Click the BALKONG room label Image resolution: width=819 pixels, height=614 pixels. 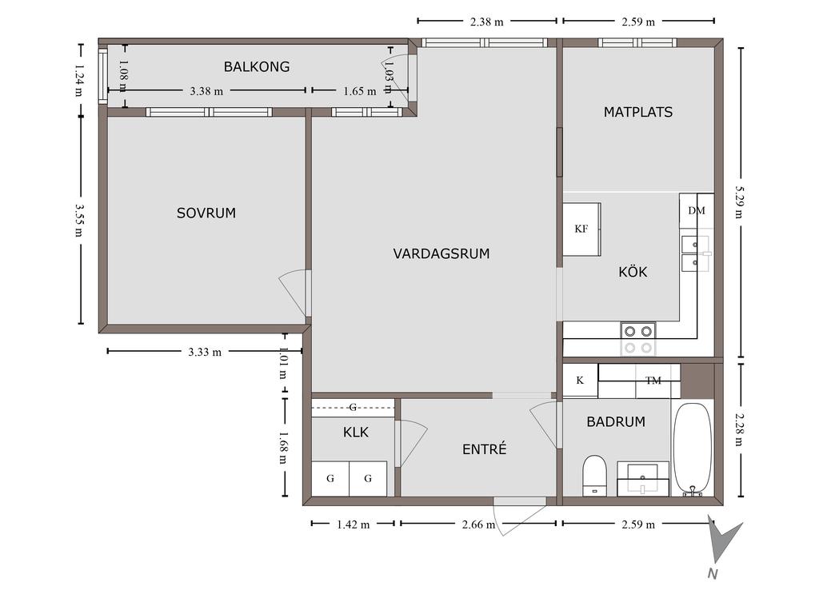pyautogui.click(x=257, y=67)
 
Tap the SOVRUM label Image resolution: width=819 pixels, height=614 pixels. pyautogui.click(x=206, y=213)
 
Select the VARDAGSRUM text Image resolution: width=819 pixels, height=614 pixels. pyautogui.click(x=441, y=253)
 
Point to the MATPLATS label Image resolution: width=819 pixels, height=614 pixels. pyautogui.click(x=637, y=112)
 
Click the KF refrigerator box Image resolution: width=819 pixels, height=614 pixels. pyautogui.click(x=581, y=229)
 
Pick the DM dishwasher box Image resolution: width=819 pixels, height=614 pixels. pyautogui.click(x=697, y=210)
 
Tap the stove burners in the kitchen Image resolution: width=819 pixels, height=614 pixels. pyautogui.click(x=638, y=339)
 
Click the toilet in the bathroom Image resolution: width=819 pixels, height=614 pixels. pyautogui.click(x=594, y=475)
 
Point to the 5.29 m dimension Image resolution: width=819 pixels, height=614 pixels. pyautogui.click(x=738, y=202)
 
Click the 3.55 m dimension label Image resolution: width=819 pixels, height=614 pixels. pyautogui.click(x=79, y=220)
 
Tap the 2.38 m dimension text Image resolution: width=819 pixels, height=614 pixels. pyautogui.click(x=487, y=22)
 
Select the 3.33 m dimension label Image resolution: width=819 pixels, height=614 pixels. pyautogui.click(x=205, y=352)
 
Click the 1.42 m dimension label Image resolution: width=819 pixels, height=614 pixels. pyautogui.click(x=353, y=524)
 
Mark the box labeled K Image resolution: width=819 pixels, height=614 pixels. pyautogui.click(x=580, y=380)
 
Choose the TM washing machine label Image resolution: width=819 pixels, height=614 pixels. pyautogui.click(x=653, y=381)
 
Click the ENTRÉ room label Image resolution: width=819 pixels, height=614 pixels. pyautogui.click(x=484, y=449)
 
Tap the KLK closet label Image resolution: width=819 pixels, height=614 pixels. pyautogui.click(x=356, y=433)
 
